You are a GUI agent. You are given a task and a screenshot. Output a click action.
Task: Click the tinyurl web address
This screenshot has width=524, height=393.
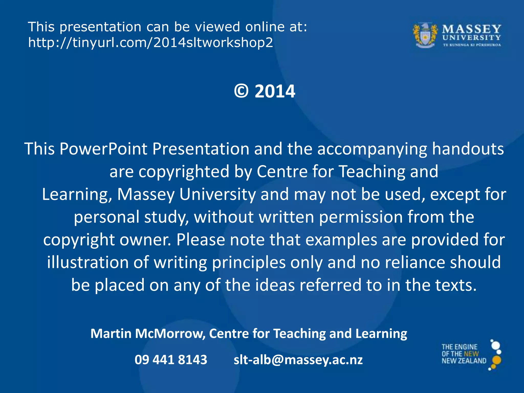[150, 42]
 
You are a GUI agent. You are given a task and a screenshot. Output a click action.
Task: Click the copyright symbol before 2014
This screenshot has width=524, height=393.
[241, 91]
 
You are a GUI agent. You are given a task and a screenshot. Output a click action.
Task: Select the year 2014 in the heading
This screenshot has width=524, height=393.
[275, 91]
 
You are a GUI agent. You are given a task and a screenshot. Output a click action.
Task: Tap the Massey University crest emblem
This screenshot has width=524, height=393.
[425, 36]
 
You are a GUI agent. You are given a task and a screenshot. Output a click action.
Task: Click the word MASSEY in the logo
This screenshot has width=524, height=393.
[472, 29]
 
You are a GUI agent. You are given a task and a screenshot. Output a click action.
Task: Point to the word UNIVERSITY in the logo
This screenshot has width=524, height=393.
[472, 38]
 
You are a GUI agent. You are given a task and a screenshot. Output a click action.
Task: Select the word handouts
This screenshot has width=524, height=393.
[468, 149]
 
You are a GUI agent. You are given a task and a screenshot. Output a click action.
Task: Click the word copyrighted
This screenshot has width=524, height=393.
[184, 171]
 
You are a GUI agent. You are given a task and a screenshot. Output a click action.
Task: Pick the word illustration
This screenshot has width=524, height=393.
[88, 263]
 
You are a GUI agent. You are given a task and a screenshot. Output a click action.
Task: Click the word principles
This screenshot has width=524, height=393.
[249, 263]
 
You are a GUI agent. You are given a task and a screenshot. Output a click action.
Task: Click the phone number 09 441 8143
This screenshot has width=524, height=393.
[171, 360]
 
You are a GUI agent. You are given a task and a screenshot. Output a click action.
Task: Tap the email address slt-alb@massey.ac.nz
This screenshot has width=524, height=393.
[298, 360]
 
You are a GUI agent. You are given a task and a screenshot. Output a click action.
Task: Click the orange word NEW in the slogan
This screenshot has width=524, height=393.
[471, 354]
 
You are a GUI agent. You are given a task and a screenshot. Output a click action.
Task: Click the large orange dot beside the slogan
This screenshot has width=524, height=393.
[496, 360]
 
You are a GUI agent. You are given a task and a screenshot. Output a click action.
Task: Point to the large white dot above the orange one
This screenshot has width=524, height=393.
[496, 346]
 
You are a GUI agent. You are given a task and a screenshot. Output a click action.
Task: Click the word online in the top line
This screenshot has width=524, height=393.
[265, 27]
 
